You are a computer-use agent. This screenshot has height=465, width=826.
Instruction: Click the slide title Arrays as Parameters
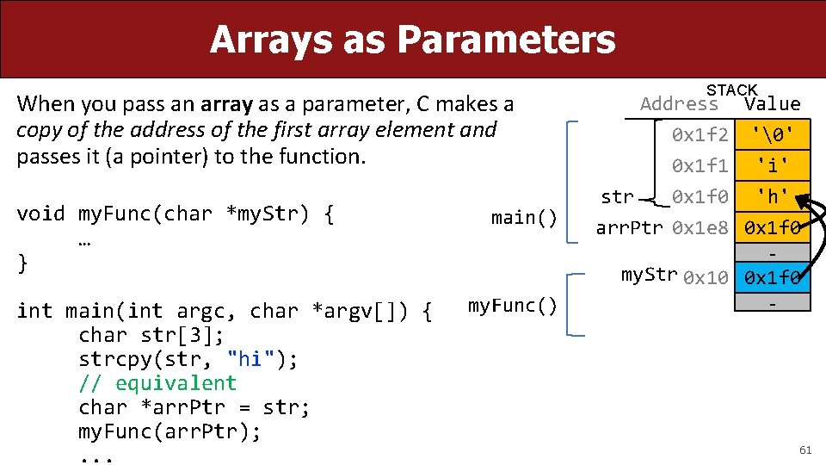coord(412,40)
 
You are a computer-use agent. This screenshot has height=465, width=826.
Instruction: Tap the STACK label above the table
coord(731,90)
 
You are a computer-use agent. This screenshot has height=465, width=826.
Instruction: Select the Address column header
coord(679,104)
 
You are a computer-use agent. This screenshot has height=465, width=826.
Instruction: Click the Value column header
coord(773,104)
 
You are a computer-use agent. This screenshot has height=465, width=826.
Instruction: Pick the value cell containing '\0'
coord(772,135)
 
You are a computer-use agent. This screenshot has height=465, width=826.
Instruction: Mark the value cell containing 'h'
coord(772,197)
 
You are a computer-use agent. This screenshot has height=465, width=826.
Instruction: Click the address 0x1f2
coord(700,135)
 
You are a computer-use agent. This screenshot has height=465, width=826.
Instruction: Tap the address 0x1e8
coord(700,228)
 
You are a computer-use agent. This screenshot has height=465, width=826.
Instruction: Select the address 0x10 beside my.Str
coord(706,277)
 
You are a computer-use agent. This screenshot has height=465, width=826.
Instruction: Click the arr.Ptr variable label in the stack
coord(630,228)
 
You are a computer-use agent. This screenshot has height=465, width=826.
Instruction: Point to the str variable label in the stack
coord(617,196)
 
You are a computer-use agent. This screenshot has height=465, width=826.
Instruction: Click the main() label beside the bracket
coord(524,218)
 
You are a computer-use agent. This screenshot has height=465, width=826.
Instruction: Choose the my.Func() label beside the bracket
coord(512,306)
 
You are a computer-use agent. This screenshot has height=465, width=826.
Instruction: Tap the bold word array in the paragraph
coord(226,105)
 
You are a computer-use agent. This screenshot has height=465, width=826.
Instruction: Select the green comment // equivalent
coord(157,383)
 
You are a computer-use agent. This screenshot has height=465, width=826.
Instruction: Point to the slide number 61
coord(804,450)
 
